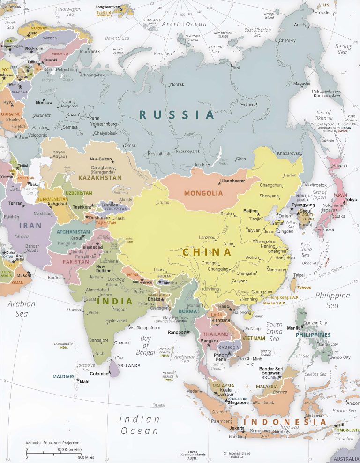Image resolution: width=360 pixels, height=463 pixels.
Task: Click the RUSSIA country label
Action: [177, 114]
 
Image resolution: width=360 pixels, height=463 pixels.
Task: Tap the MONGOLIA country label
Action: [203, 193]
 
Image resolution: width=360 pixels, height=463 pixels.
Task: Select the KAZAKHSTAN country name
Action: [100, 178]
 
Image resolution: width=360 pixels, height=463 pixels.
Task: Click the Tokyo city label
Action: [351, 200]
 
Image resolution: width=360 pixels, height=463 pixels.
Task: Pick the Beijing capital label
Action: [251, 211]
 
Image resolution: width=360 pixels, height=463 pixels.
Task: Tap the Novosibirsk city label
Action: [161, 153]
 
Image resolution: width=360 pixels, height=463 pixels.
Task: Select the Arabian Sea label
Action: [22, 308]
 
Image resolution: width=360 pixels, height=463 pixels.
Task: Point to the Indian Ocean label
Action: [140, 425]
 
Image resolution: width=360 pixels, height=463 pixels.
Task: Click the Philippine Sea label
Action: [332, 300]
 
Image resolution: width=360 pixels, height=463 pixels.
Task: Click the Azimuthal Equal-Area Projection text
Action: [52, 442]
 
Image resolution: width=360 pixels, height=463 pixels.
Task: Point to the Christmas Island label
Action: [237, 455]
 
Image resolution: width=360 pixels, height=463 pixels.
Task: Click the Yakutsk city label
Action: [250, 105]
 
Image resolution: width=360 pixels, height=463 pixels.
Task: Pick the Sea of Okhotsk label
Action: [323, 115]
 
